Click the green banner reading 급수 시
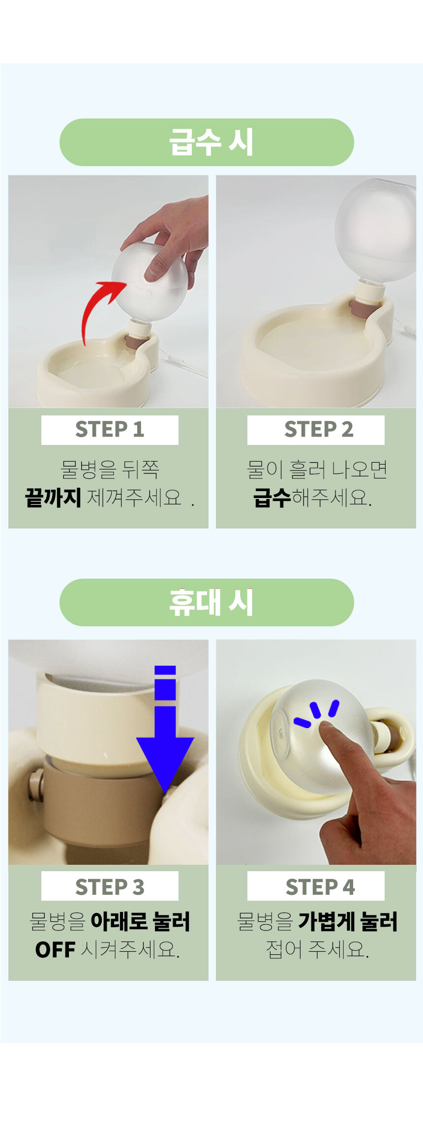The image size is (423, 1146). (x=207, y=142)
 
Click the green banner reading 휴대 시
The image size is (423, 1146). (x=207, y=602)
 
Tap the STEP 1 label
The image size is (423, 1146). (x=110, y=430)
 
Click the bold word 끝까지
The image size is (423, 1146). (x=53, y=498)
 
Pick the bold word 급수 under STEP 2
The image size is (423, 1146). (x=272, y=498)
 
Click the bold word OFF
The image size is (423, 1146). (x=55, y=950)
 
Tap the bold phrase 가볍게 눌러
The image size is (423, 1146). (x=348, y=921)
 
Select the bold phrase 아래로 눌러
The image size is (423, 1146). (x=140, y=921)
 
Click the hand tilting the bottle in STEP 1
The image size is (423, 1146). (x=172, y=236)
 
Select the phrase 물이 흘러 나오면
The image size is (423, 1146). (x=317, y=470)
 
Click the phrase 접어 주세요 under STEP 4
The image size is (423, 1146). (x=317, y=950)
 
